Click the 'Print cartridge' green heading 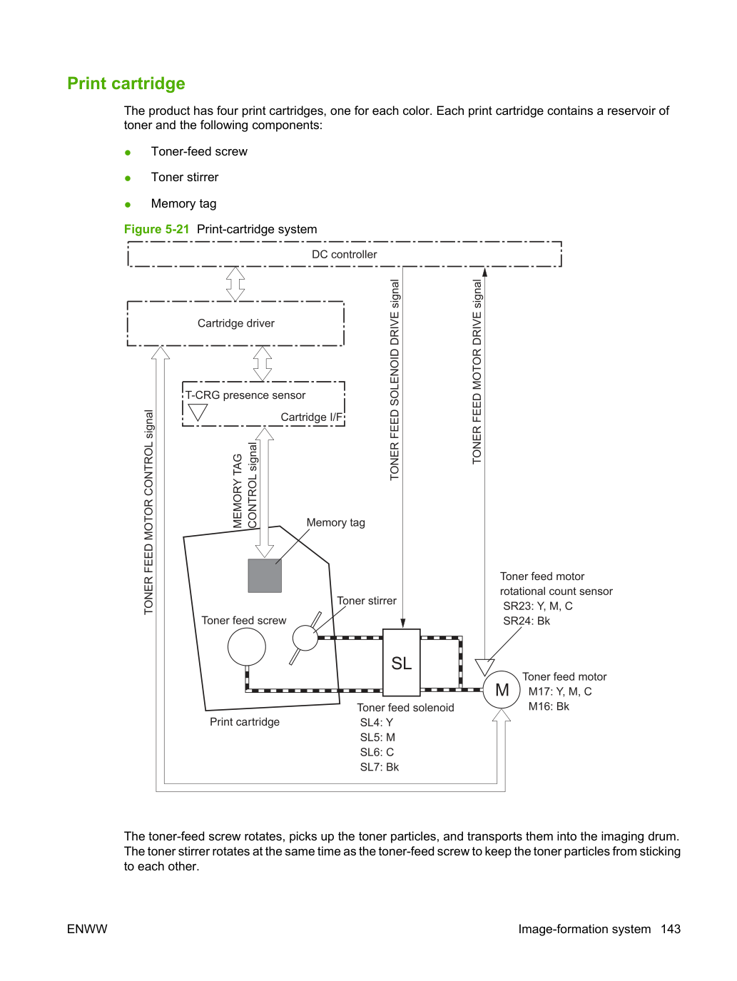tap(126, 83)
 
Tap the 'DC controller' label tap(344, 254)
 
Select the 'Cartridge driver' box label tap(236, 323)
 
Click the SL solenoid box tap(402, 662)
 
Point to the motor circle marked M tap(502, 690)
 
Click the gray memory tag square tap(265, 576)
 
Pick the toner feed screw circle tap(247, 646)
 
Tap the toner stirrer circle tap(305, 638)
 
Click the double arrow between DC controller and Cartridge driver tap(235, 284)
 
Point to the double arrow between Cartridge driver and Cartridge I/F tap(263, 364)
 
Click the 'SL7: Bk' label tap(380, 767)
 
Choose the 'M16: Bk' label tap(549, 706)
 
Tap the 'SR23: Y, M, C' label tap(538, 606)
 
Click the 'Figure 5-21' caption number tap(157, 229)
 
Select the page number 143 tap(671, 929)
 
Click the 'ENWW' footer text tap(87, 929)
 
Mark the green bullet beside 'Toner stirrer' tap(128, 178)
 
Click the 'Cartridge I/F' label tap(311, 417)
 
